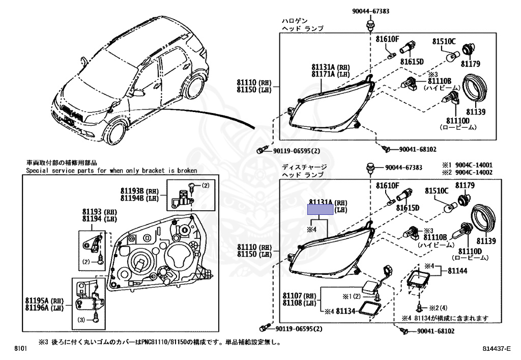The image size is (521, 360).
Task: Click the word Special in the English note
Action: coord(37,171)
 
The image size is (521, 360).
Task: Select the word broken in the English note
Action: coord(186,171)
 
